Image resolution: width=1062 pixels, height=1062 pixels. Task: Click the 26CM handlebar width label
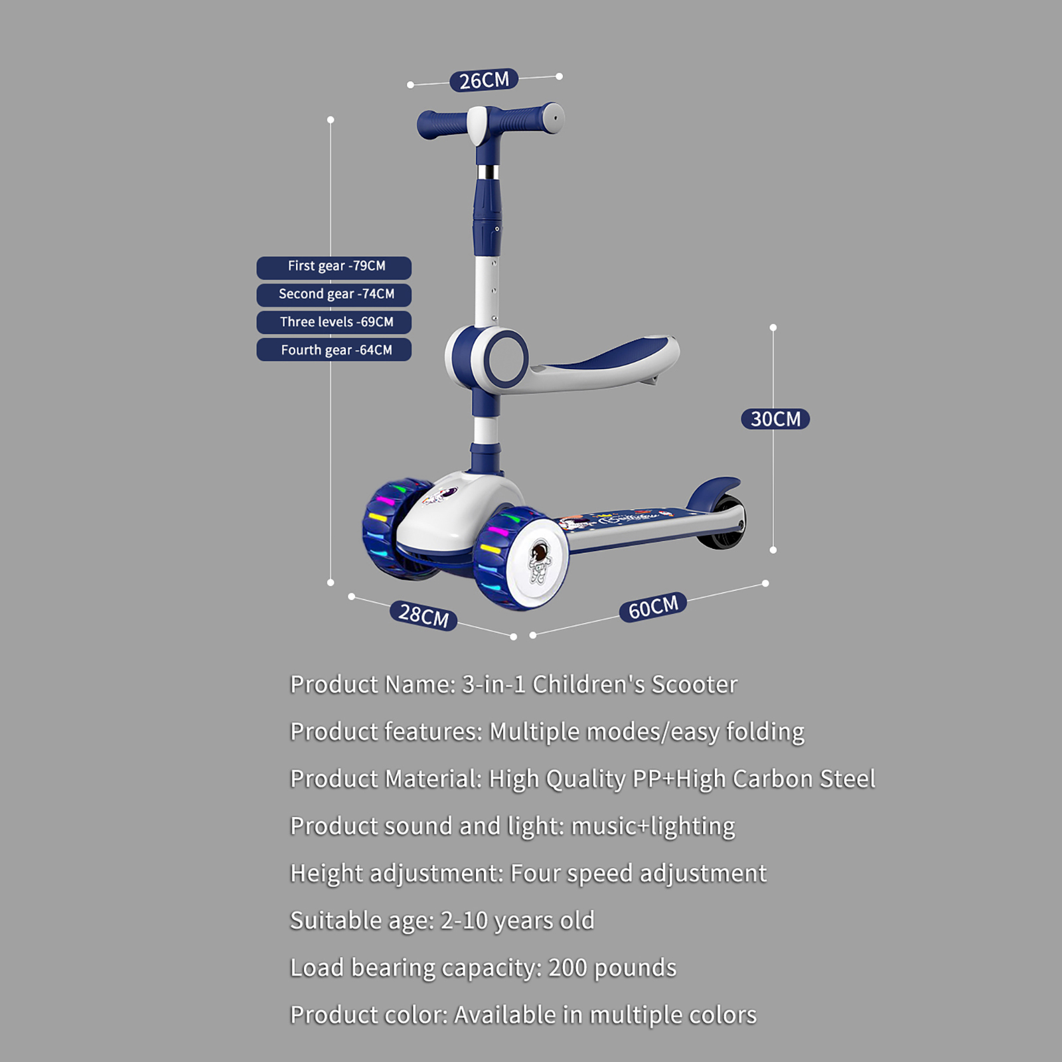[484, 80]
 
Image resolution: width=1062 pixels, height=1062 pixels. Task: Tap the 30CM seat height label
[775, 419]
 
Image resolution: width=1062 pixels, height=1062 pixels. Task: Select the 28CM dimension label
[423, 615]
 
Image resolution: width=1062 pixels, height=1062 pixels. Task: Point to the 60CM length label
[653, 607]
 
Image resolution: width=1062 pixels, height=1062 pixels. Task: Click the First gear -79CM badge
[334, 267]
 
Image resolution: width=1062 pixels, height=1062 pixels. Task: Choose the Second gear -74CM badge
[334, 294]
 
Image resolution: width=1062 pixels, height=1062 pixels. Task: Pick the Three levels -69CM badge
[334, 322]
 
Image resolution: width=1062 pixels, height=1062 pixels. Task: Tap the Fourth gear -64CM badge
[334, 350]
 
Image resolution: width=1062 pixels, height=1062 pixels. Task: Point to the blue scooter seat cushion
[607, 352]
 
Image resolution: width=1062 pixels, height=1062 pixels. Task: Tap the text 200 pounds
[612, 968]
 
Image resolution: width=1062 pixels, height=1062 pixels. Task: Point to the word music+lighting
[653, 826]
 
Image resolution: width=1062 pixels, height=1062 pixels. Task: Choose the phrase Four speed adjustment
[638, 873]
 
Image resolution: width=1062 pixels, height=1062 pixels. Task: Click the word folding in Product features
[765, 731]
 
